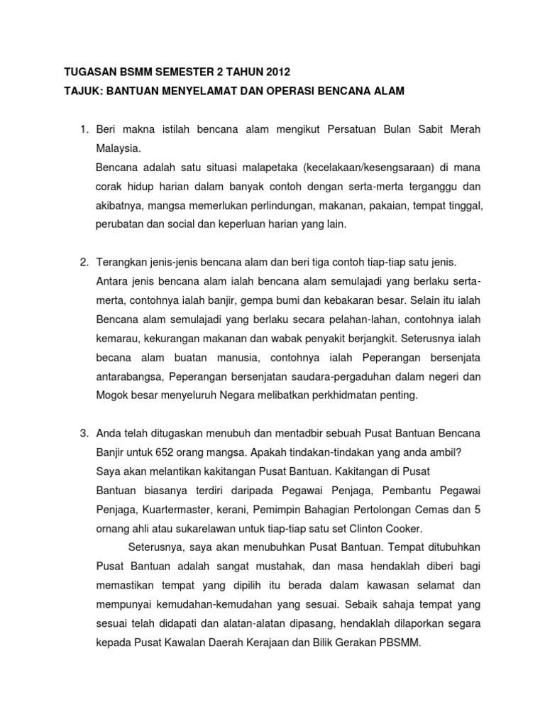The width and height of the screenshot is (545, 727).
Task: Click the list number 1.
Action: click(83, 129)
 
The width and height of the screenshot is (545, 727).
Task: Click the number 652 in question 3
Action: click(172, 452)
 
